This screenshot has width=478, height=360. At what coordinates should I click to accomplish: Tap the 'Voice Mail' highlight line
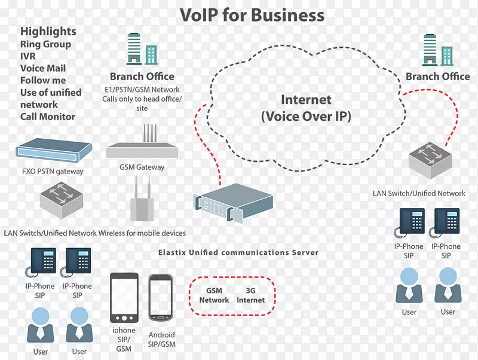click(x=43, y=68)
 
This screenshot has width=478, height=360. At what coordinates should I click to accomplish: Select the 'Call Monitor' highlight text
click(x=48, y=117)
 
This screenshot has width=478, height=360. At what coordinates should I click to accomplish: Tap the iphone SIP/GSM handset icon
click(x=124, y=298)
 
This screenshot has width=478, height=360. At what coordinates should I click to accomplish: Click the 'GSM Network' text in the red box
click(x=214, y=295)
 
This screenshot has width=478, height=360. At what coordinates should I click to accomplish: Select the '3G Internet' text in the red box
click(x=250, y=295)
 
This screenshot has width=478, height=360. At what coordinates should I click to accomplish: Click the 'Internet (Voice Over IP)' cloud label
click(x=306, y=108)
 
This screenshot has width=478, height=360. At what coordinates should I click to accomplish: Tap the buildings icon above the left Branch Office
click(x=142, y=50)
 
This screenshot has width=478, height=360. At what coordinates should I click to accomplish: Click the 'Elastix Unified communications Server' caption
click(x=238, y=253)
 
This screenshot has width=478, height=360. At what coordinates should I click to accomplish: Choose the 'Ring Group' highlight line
click(x=45, y=44)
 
